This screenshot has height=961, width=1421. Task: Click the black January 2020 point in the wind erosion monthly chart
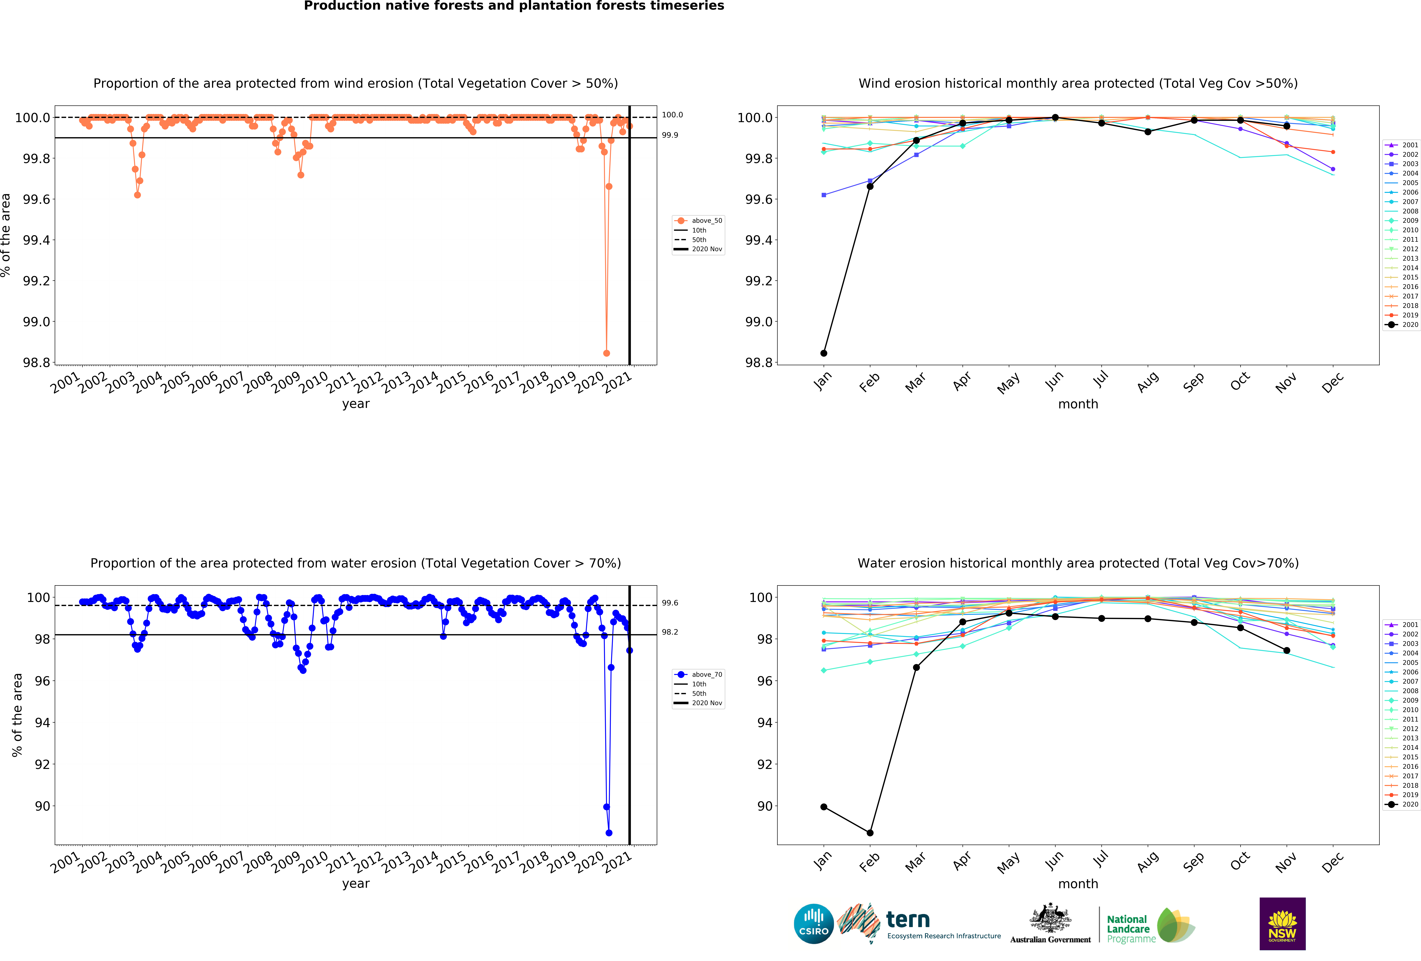coord(824,353)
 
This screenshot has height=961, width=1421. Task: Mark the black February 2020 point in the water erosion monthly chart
coord(869,833)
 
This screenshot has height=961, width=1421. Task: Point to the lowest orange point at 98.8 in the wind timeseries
coord(606,353)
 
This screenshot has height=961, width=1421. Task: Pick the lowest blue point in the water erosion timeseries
coord(608,833)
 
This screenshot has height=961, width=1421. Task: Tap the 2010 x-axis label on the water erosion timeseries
coord(313,862)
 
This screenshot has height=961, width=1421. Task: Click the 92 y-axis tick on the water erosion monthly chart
coord(764,764)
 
